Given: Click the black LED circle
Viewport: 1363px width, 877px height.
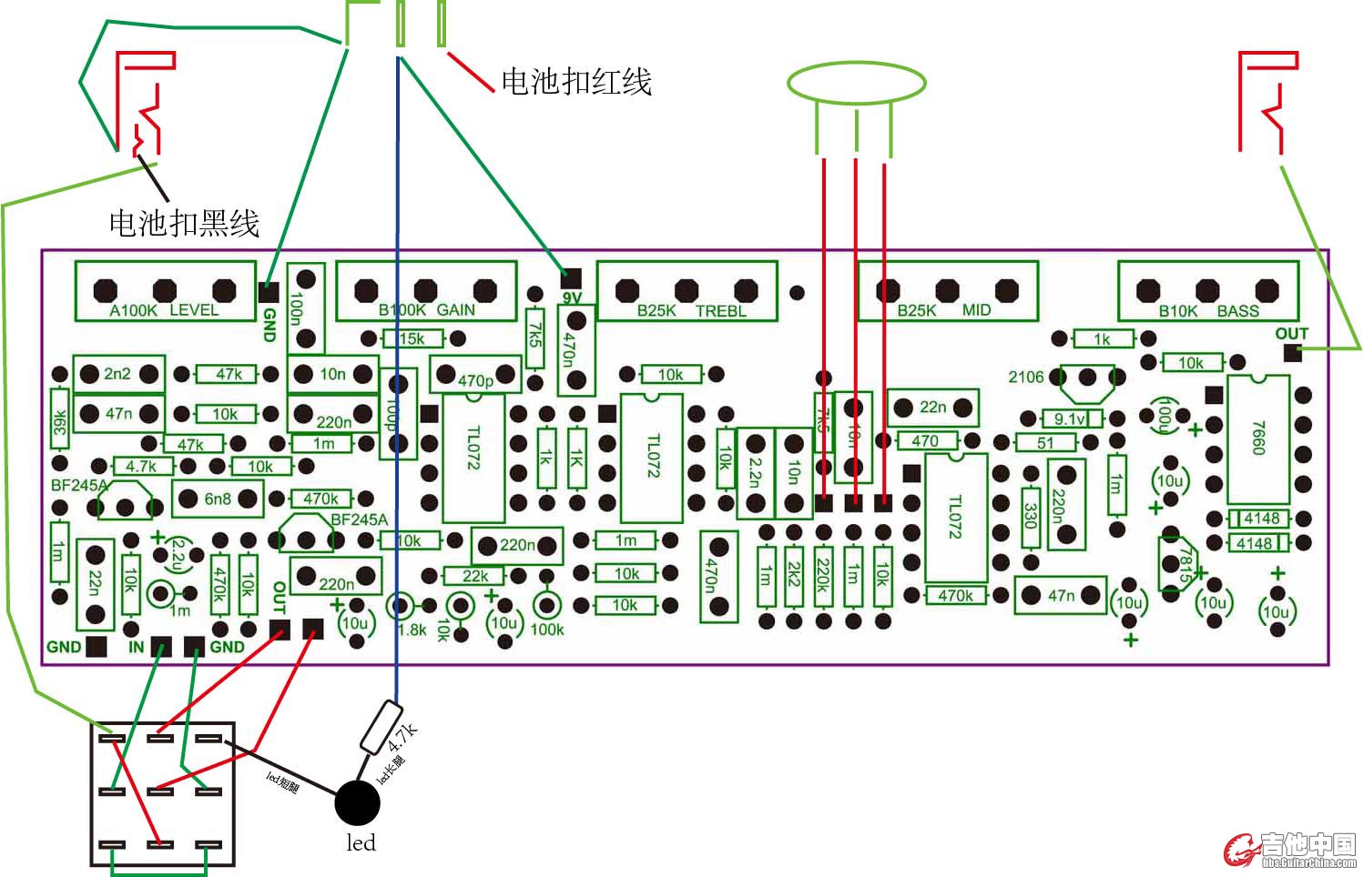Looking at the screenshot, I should point(357,802).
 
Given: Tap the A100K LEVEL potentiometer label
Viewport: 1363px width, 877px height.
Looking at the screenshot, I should point(164,310).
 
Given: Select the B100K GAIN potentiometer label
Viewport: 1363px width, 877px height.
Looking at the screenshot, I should point(426,310).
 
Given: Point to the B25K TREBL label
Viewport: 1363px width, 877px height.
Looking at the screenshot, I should point(691,311).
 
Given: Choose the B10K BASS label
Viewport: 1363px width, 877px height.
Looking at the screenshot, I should point(1208,311).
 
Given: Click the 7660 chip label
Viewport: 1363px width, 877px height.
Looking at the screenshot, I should point(1257,438).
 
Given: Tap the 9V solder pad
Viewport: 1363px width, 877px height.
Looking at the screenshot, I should point(570,276).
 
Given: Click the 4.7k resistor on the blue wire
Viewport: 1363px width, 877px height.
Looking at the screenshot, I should point(381,727).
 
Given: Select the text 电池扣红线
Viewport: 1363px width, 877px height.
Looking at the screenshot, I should point(576,82).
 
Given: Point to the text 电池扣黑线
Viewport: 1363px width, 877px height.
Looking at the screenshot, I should point(184,223).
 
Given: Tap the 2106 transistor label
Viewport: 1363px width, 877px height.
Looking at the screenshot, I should point(1025,377).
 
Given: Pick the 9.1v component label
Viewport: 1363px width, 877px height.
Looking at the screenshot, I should point(1069,419).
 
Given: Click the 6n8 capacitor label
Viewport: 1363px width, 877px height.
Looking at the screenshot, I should point(218,499).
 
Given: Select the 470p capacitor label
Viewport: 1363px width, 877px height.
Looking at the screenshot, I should point(475,380).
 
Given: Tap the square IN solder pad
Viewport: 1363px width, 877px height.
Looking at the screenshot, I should point(161,647).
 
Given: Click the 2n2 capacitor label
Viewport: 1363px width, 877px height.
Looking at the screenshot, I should point(117,373).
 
